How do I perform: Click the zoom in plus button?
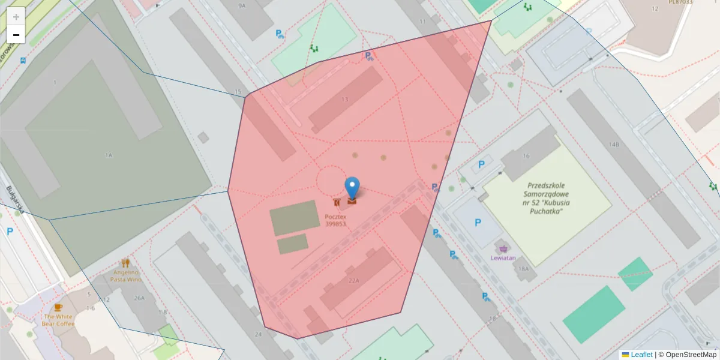pyautogui.click(x=16, y=16)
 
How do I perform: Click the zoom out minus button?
pyautogui.click(x=16, y=35)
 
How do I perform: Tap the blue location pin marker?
pyautogui.click(x=352, y=187)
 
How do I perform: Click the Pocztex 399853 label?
pyautogui.click(x=335, y=220)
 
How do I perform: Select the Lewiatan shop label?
pyautogui.click(x=503, y=258)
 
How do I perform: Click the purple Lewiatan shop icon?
pyautogui.click(x=503, y=248)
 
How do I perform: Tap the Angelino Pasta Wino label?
pyautogui.click(x=126, y=275)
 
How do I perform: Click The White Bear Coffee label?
pyautogui.click(x=58, y=320)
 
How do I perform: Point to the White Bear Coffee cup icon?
pyautogui.click(x=58, y=307)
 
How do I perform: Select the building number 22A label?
pyautogui.click(x=353, y=280)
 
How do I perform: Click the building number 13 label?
pyautogui.click(x=344, y=99)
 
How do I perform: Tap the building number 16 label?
pyautogui.click(x=526, y=156)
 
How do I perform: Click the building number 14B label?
pyautogui.click(x=613, y=145)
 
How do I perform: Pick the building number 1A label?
pyautogui.click(x=109, y=155)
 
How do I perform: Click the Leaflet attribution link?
pyautogui.click(x=641, y=355)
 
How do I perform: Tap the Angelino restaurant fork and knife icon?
pyautogui.click(x=125, y=262)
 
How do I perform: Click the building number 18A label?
pyautogui.click(x=524, y=269)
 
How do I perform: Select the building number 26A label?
pyautogui.click(x=139, y=298)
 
